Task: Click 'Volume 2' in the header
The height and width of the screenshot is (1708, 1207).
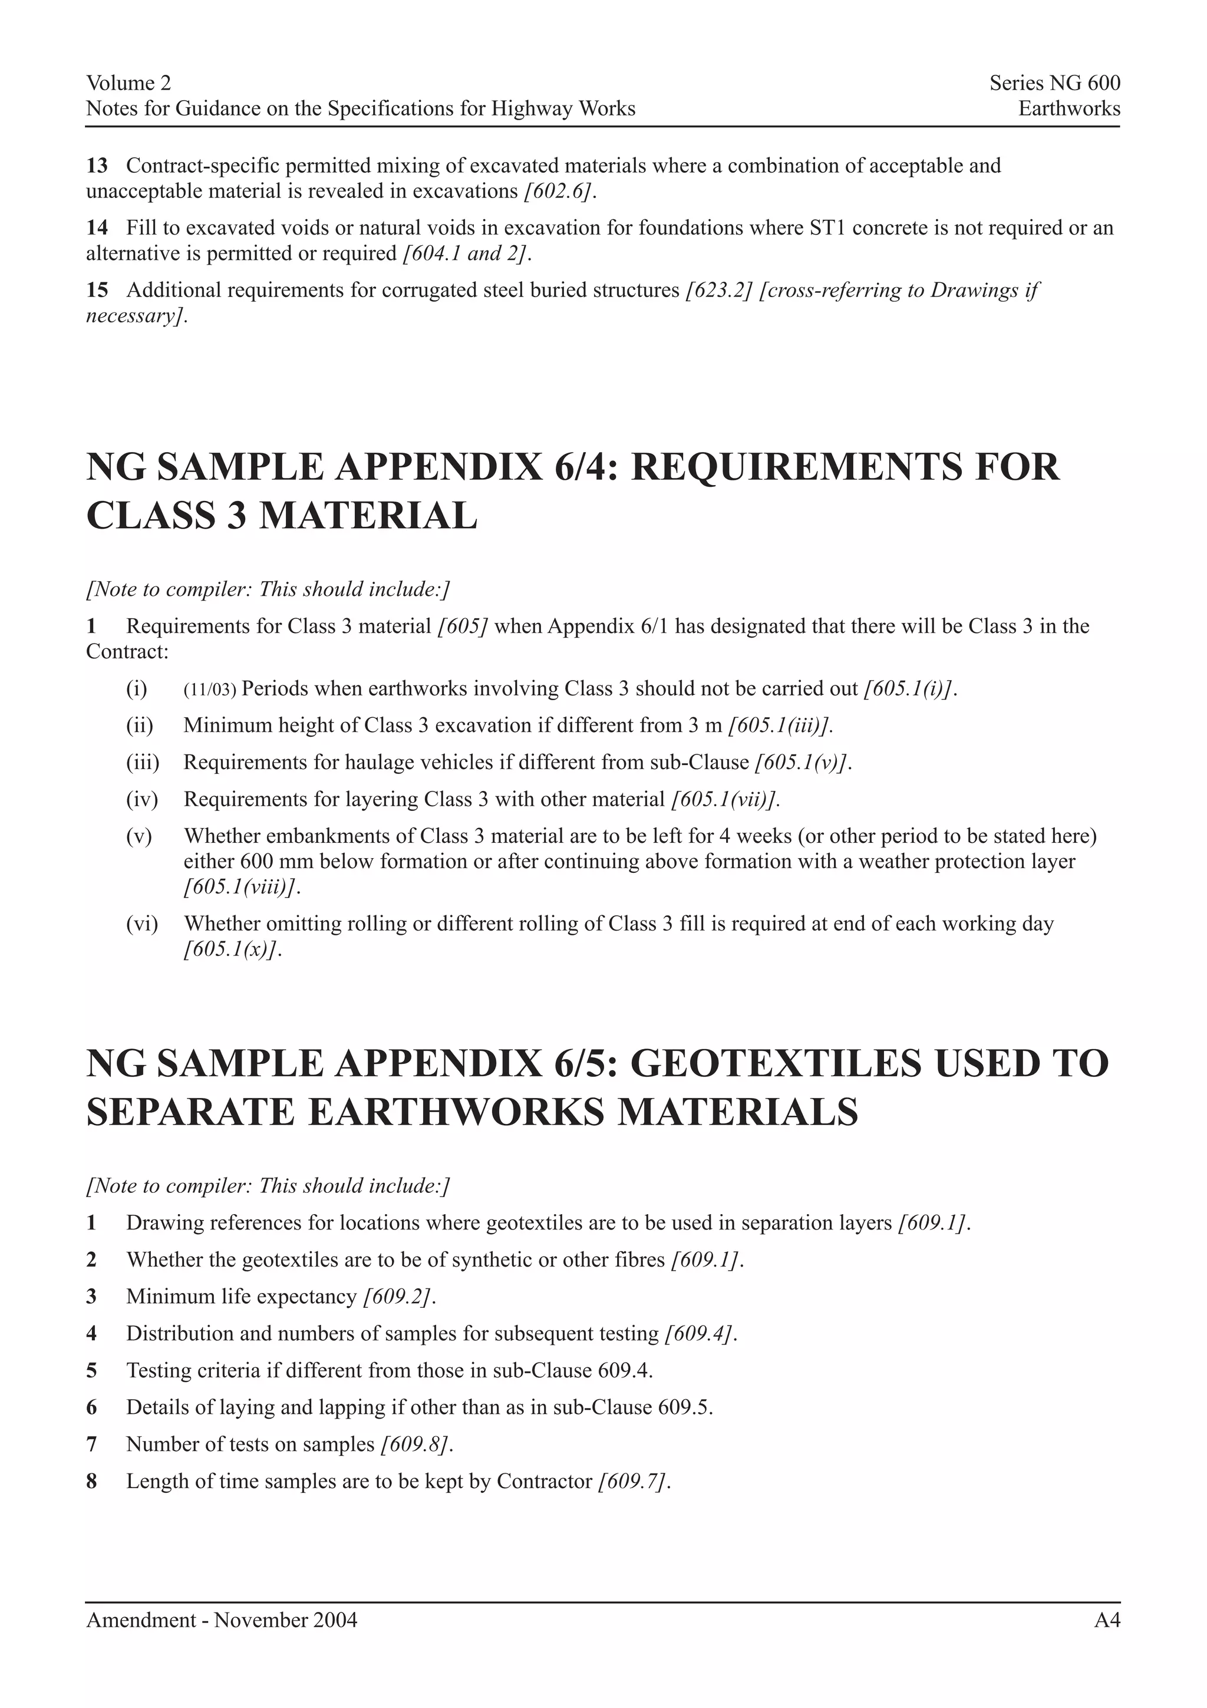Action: pyautogui.click(x=128, y=83)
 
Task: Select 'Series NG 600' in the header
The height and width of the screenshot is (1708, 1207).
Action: pyautogui.click(x=1054, y=83)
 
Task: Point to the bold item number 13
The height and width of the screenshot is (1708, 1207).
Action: pyautogui.click(x=97, y=165)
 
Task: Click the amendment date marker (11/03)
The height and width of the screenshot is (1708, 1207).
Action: pyautogui.click(x=209, y=690)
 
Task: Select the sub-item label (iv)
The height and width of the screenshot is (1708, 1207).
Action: pyautogui.click(x=142, y=800)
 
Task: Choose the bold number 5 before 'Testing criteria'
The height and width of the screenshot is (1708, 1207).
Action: pyautogui.click(x=91, y=1370)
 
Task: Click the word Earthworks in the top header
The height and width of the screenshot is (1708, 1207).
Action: pyautogui.click(x=1069, y=108)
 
